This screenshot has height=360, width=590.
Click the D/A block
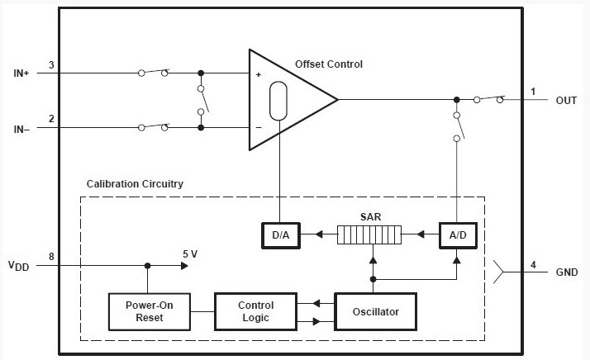point(280,235)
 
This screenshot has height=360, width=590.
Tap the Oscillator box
point(374,311)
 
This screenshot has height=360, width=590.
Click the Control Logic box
point(255,311)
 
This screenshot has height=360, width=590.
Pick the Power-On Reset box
point(149,311)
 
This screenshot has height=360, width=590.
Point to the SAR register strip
point(369,236)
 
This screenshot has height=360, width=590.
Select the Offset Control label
point(329,64)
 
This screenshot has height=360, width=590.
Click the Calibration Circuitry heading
point(135,182)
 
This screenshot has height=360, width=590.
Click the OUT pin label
point(566,100)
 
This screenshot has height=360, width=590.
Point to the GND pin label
point(566,272)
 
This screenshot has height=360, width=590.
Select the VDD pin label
point(19,266)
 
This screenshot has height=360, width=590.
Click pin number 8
point(51,257)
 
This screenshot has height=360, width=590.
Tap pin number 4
point(533,264)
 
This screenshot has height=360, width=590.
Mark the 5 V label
point(189,254)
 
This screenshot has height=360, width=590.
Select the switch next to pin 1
point(489,99)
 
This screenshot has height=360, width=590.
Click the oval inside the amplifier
point(279,100)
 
